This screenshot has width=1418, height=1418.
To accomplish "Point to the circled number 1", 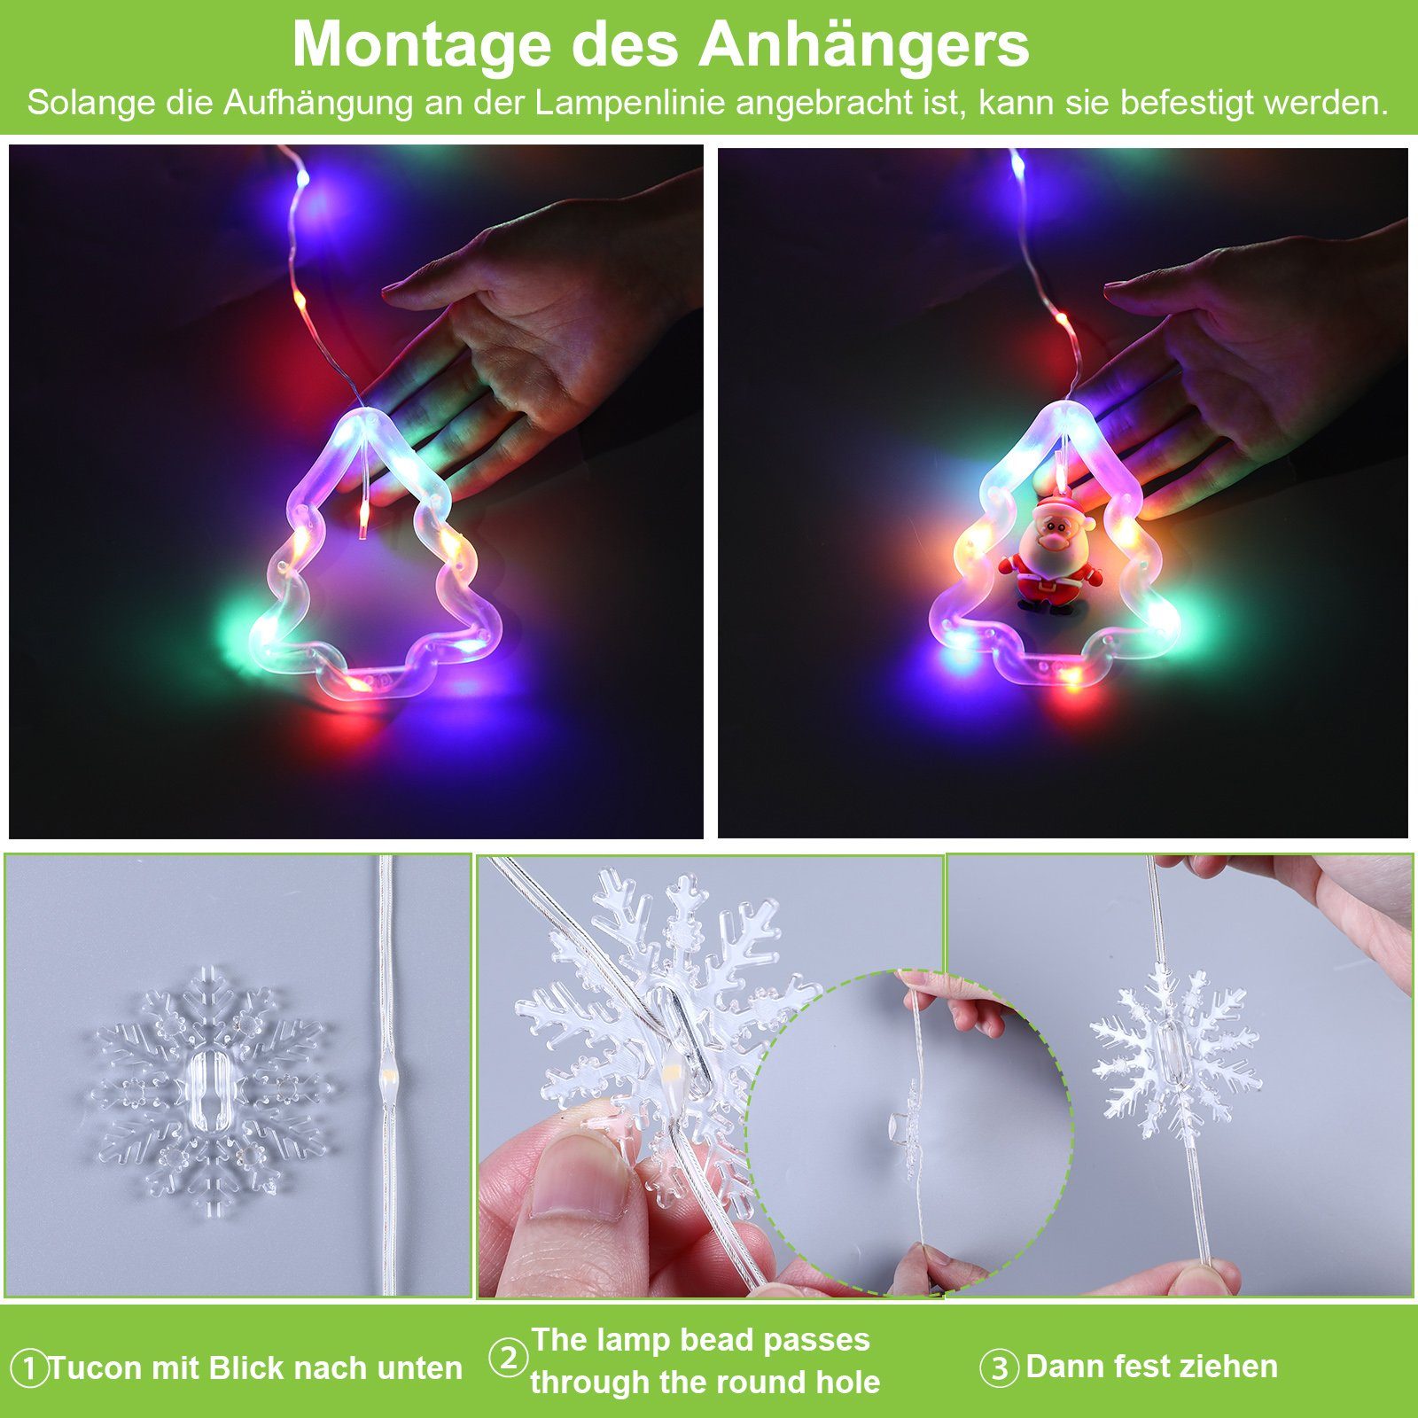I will point(29,1368).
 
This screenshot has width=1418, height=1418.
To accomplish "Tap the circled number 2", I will point(509,1358).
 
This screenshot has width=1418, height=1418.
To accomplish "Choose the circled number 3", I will point(999,1368).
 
